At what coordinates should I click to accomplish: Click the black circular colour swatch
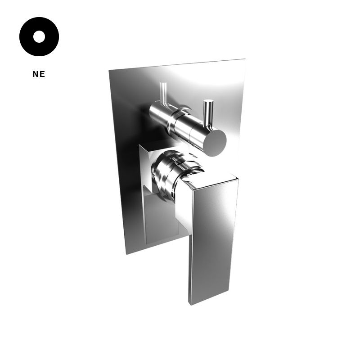[39, 36]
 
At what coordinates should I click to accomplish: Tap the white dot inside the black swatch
[39, 36]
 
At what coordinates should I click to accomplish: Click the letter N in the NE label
[36, 74]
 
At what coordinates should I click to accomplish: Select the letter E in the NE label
[42, 74]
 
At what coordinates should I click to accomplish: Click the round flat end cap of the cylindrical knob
[216, 143]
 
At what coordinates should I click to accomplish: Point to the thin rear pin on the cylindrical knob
[164, 94]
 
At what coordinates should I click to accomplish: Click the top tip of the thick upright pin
[208, 100]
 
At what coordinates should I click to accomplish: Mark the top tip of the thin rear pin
[163, 83]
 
